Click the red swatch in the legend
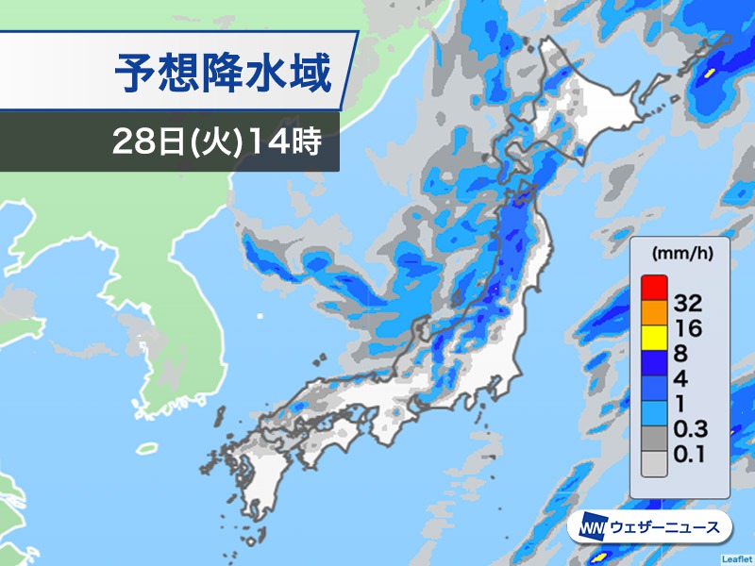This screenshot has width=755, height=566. click(x=653, y=284)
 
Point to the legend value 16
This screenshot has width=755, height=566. click(x=689, y=327)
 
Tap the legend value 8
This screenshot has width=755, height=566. click(x=682, y=353)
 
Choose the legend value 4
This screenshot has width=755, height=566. click(x=682, y=378)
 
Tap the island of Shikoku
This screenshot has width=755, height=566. click(x=326, y=439)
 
